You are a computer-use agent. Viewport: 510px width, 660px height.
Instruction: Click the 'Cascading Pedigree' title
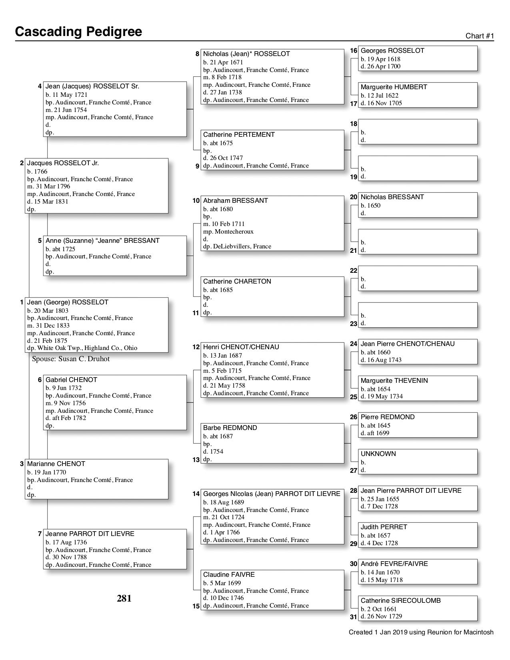(78, 32)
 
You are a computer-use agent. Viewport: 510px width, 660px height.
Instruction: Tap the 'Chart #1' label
(480, 36)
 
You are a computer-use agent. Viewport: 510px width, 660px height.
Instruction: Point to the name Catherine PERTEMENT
(239, 135)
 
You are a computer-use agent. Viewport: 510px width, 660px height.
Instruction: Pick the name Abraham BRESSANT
(235, 201)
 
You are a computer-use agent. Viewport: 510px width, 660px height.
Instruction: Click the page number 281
(124, 598)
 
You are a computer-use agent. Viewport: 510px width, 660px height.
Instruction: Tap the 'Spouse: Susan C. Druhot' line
(71, 359)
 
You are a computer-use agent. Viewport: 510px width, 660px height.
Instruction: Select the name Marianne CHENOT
(56, 464)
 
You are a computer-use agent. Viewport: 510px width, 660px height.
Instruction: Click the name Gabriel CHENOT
(71, 380)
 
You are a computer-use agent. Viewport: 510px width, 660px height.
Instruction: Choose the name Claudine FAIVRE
(229, 575)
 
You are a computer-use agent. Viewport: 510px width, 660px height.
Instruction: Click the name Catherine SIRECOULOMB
(400, 601)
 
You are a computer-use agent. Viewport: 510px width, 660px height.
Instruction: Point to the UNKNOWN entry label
(378, 454)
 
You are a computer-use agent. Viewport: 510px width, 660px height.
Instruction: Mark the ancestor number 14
(196, 494)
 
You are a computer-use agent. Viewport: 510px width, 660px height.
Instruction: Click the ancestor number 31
(353, 617)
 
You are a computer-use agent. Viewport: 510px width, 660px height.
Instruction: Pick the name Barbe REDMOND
(230, 428)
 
